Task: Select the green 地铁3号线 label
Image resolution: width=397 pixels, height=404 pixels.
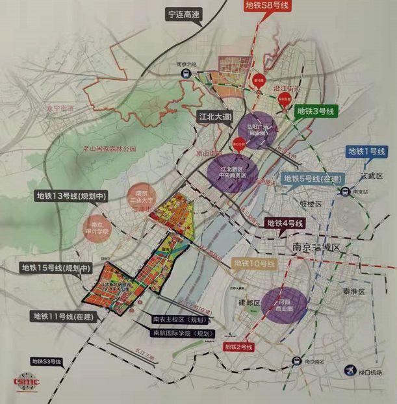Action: tap(316, 112)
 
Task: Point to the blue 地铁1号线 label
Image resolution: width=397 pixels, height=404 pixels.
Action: tap(366, 152)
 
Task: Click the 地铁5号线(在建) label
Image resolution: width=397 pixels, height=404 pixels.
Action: tap(313, 179)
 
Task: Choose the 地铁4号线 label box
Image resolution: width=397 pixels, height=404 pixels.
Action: tap(285, 223)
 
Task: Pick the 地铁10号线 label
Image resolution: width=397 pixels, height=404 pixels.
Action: tap(255, 263)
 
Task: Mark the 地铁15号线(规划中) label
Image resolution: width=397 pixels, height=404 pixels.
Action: tap(57, 267)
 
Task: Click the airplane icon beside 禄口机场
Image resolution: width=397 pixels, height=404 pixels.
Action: tap(350, 370)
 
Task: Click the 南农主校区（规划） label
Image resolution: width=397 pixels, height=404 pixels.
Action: tap(179, 320)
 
